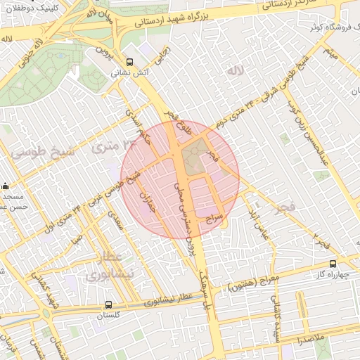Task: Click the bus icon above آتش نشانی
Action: [129, 61]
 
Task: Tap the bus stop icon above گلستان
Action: [108, 305]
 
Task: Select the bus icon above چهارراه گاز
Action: [333, 264]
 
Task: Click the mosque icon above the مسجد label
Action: [6, 186]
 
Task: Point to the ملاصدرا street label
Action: [309, 340]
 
